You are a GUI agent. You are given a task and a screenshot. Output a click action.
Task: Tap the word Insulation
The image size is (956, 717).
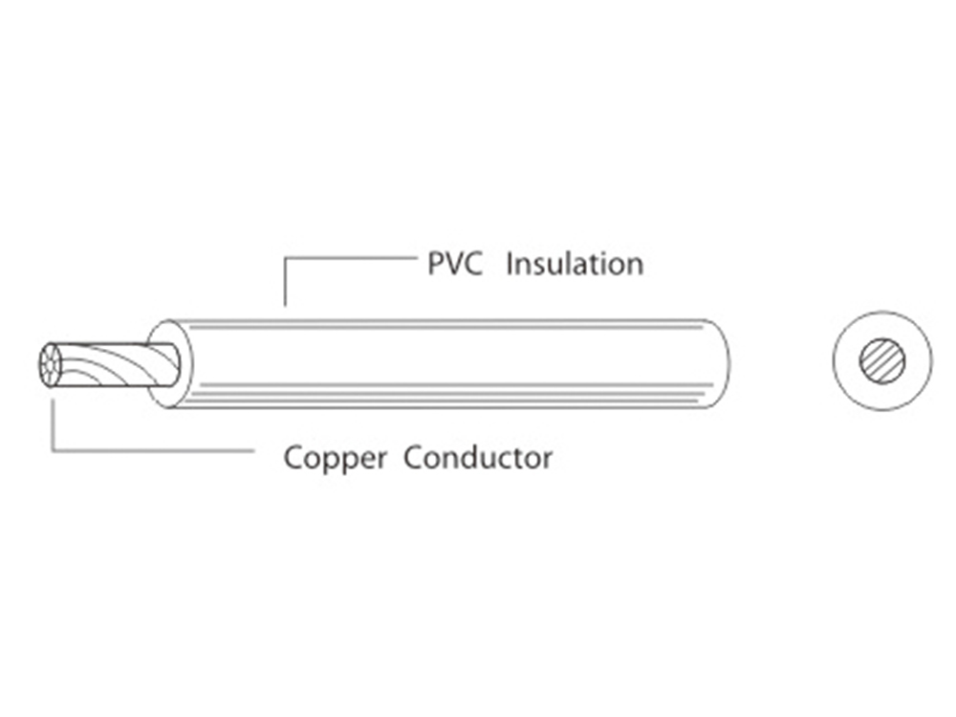point(574,263)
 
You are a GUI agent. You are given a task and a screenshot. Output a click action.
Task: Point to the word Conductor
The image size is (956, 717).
point(477,458)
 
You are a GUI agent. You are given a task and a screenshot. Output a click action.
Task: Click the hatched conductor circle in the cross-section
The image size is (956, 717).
point(881,360)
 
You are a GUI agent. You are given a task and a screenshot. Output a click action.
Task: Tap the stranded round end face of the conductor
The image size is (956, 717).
point(48,366)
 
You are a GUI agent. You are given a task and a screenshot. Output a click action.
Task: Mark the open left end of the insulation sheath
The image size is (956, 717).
point(168,364)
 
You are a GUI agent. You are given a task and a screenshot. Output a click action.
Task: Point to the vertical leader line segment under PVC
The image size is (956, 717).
point(285,282)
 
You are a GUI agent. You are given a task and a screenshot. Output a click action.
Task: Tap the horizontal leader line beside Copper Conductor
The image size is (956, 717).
point(153,450)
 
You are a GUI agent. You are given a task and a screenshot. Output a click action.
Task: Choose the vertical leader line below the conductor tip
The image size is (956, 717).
point(53,425)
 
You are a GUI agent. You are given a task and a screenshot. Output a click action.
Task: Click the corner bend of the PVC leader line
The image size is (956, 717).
point(285,256)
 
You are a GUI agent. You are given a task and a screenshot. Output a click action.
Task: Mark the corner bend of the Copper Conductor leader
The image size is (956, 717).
point(53,450)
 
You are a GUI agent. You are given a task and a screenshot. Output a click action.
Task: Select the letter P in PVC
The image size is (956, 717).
point(435,263)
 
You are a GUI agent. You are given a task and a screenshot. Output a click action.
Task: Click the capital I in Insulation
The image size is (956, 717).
point(510,263)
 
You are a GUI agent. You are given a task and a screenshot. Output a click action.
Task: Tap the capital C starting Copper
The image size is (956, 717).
point(293,458)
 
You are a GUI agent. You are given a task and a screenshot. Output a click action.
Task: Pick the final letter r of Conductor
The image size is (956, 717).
point(547,460)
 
